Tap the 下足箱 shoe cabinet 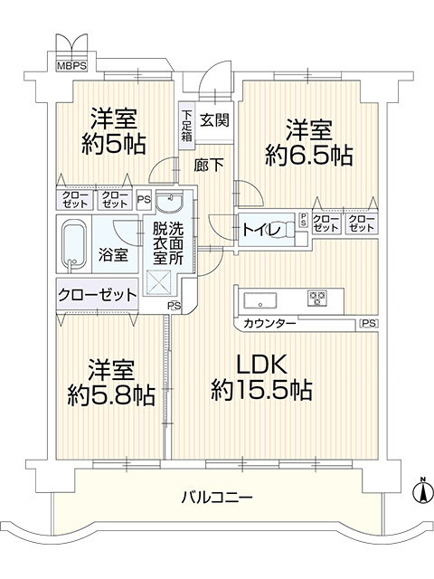click(x=185, y=126)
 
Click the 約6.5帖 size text click(x=308, y=154)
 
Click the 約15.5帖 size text click(x=262, y=391)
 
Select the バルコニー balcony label click(x=216, y=497)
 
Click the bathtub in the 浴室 click(x=74, y=244)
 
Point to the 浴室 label click(x=113, y=254)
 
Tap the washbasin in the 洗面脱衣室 click(x=168, y=200)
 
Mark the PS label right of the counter click(x=368, y=322)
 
